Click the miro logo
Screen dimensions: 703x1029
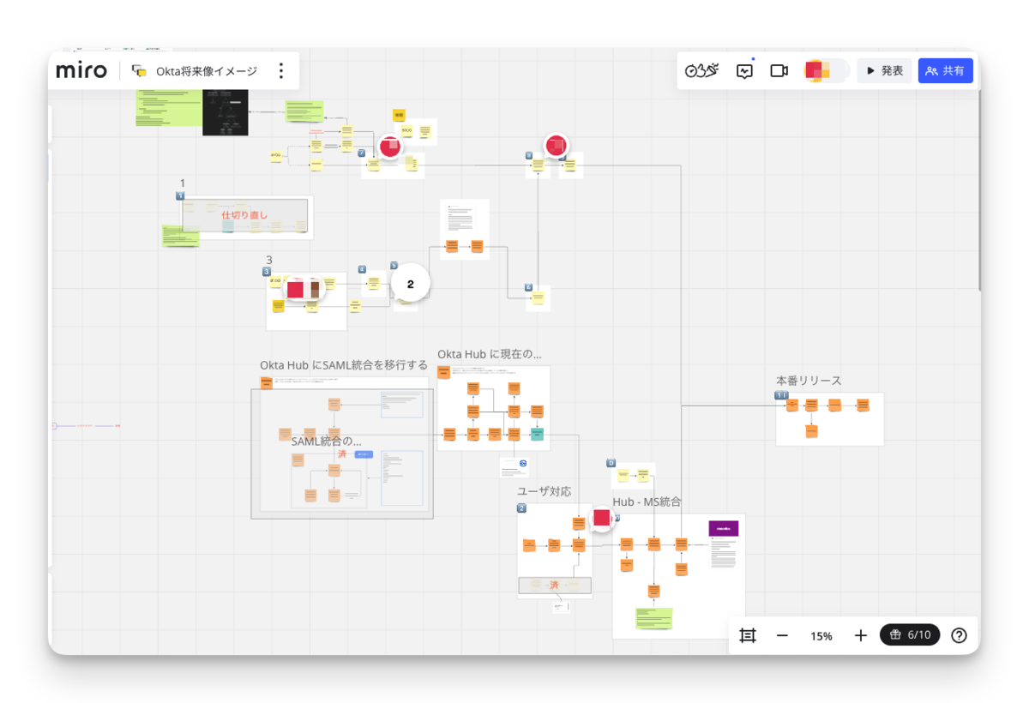coord(81,70)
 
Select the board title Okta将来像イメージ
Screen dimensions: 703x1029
coord(206,71)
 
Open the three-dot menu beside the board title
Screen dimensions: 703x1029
coord(280,71)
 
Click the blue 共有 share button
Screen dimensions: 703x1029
coord(945,70)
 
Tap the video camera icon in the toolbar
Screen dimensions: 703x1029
coord(779,71)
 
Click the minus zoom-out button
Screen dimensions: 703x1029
coord(782,635)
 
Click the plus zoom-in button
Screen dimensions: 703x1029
coord(861,635)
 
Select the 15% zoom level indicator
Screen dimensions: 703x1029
coord(821,636)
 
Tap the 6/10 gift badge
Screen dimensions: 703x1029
coord(910,635)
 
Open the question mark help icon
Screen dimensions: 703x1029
coord(960,635)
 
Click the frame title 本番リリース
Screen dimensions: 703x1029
coord(809,381)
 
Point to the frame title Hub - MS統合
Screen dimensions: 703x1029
coord(647,502)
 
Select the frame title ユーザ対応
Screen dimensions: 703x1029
coord(544,491)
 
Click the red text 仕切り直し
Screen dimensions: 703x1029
coord(245,215)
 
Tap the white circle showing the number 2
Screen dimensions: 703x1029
coord(410,284)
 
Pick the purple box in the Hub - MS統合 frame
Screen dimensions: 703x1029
coord(723,528)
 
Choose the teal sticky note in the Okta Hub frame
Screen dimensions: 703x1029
coord(537,434)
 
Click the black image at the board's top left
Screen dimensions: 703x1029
coord(225,112)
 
